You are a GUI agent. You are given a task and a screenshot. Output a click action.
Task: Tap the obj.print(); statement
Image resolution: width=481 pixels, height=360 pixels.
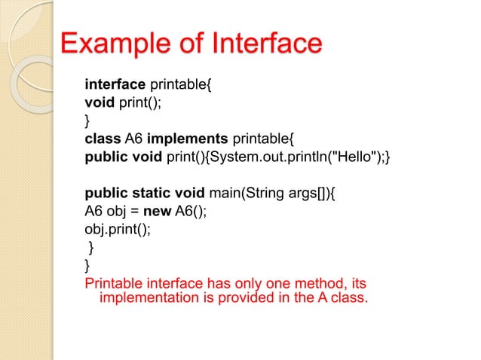(x=117, y=229)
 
